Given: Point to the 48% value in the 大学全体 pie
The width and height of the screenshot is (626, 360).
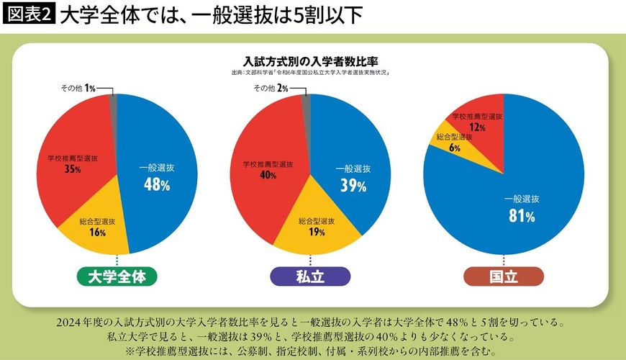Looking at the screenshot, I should tap(156, 185).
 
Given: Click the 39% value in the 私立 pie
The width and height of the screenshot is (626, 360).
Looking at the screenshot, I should tap(353, 186).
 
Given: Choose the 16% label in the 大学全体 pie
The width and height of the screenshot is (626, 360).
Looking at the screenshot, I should tap(98, 233).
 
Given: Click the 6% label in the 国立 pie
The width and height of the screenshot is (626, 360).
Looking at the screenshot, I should tap(454, 148).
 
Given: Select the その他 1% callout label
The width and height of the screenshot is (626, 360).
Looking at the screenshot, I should tap(78, 88).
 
